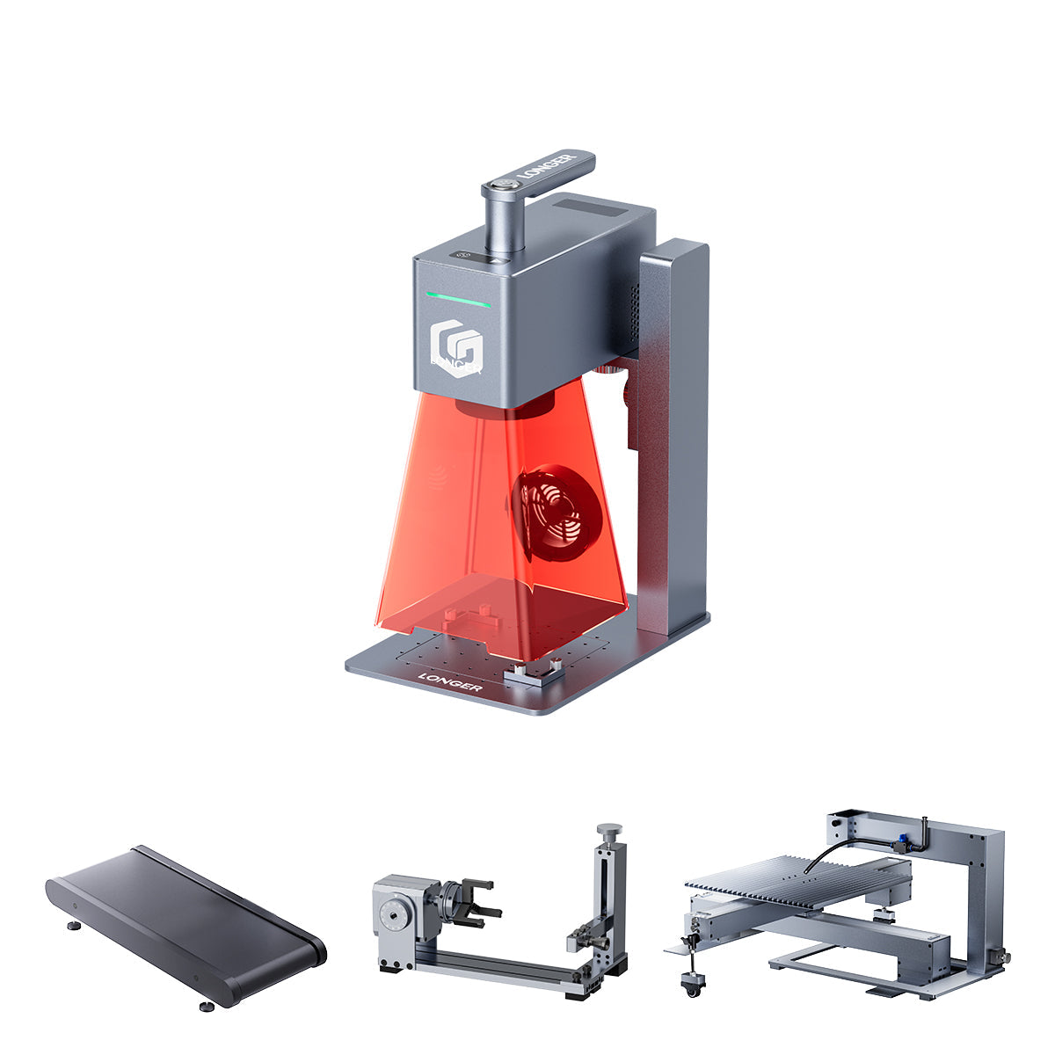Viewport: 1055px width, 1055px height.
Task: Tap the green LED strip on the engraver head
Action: pyautogui.click(x=459, y=299)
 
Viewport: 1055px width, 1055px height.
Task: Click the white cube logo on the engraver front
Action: pyautogui.click(x=457, y=348)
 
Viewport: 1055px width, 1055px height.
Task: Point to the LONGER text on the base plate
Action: pyautogui.click(x=449, y=681)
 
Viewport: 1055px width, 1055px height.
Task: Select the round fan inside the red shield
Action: pyautogui.click(x=554, y=515)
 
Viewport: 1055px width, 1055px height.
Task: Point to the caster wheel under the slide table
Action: pyautogui.click(x=695, y=988)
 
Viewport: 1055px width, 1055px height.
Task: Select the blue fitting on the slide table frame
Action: pyautogui.click(x=904, y=841)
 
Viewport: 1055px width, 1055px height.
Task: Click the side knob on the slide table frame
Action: pyautogui.click(x=996, y=956)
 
